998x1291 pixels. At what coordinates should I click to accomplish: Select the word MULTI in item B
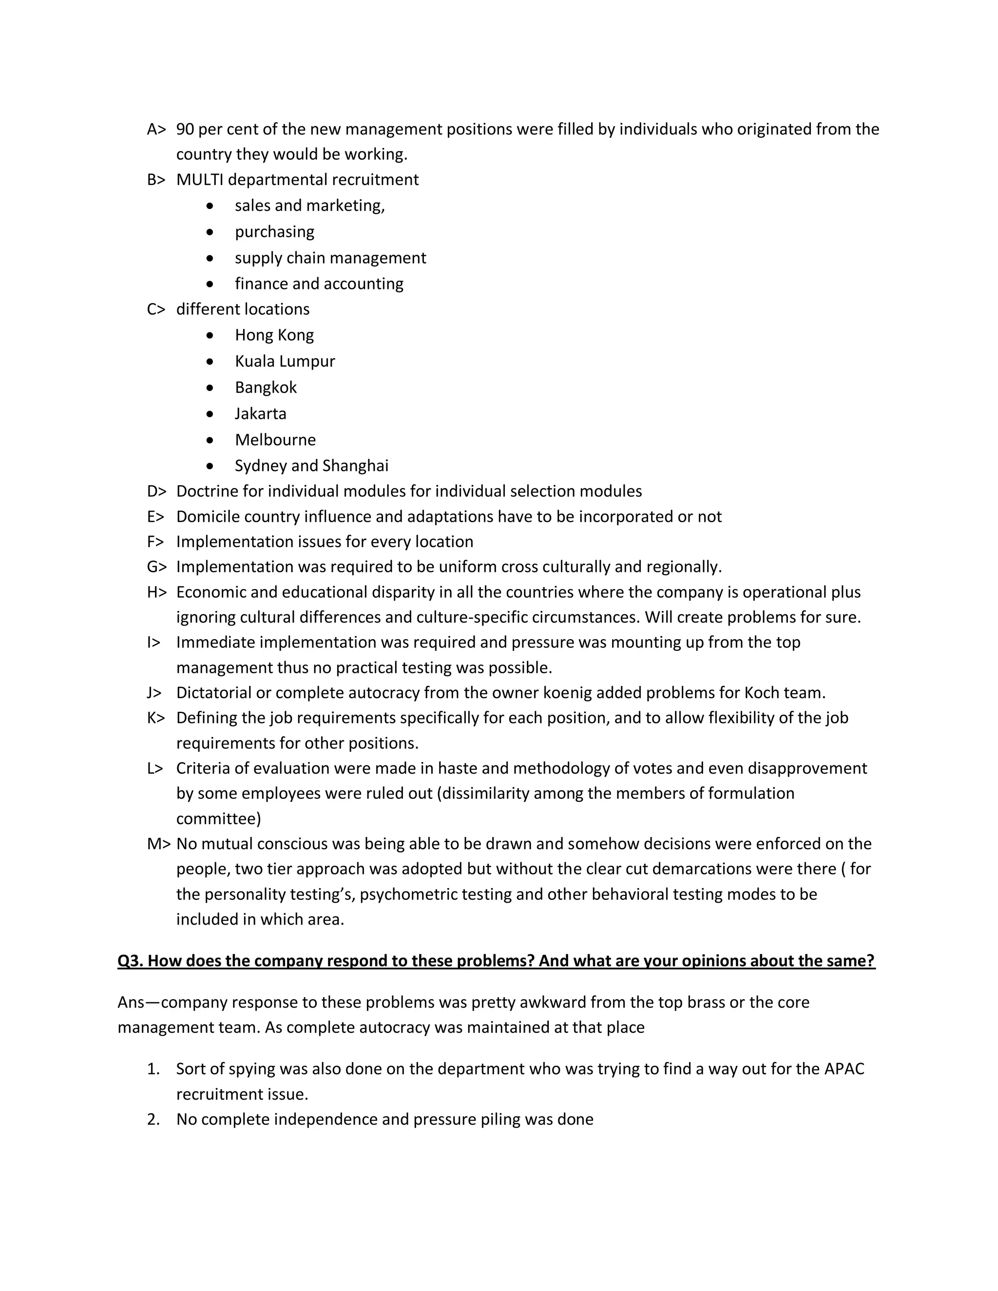tap(199, 180)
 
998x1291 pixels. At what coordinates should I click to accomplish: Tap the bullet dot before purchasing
tap(210, 232)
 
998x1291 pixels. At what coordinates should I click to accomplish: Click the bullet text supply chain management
tap(330, 258)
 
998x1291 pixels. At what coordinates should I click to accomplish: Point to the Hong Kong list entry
tap(274, 335)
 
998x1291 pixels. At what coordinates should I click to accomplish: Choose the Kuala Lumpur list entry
tap(285, 361)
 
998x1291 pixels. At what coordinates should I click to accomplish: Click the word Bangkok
tap(266, 387)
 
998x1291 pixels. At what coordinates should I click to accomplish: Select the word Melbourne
tap(275, 440)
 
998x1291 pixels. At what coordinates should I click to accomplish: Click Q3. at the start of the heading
tap(130, 961)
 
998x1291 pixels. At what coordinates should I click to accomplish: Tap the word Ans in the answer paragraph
tap(131, 1003)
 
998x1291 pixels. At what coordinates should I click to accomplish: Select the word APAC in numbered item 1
tap(844, 1069)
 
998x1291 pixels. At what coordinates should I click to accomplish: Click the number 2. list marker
tap(153, 1120)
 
